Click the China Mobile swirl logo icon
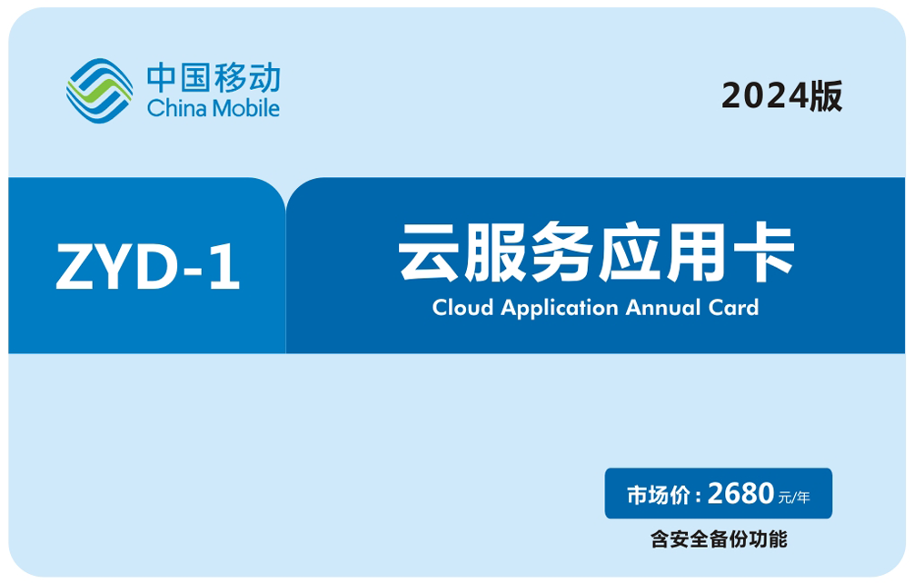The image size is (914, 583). (99, 90)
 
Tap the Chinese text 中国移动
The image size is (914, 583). (214, 77)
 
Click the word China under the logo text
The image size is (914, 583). (176, 108)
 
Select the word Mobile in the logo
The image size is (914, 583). (245, 108)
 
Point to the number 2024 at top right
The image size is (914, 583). (765, 95)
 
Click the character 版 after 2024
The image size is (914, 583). (826, 95)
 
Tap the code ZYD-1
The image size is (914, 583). (147, 267)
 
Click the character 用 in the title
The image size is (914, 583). (697, 252)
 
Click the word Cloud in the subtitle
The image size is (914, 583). (462, 308)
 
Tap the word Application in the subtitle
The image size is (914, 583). (559, 309)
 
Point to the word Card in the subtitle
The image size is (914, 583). (733, 308)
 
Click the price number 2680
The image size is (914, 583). (740, 494)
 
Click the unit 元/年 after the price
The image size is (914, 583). (794, 498)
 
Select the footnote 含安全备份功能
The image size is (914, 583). (719, 539)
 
